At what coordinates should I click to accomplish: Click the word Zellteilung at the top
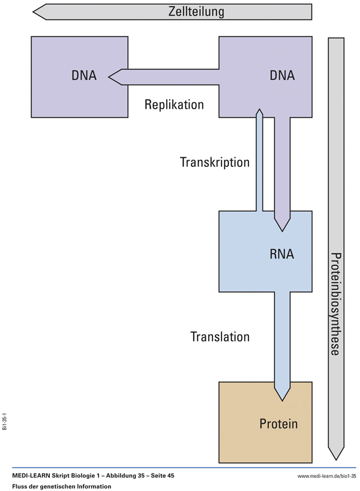click(196, 11)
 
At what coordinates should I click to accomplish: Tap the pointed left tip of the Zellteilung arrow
click(35, 11)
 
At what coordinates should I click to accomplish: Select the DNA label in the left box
click(84, 76)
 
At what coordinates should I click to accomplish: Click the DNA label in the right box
click(282, 76)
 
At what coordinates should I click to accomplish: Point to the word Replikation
click(174, 105)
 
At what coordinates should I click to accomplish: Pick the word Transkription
click(214, 162)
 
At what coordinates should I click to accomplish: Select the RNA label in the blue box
click(282, 254)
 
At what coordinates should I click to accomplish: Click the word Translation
click(220, 337)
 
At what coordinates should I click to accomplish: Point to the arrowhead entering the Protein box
click(282, 394)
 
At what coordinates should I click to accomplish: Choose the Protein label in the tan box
click(278, 424)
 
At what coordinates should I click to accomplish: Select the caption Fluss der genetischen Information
click(61, 486)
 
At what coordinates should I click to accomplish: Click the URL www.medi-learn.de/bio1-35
click(326, 476)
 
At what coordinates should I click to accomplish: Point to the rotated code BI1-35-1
click(5, 421)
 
